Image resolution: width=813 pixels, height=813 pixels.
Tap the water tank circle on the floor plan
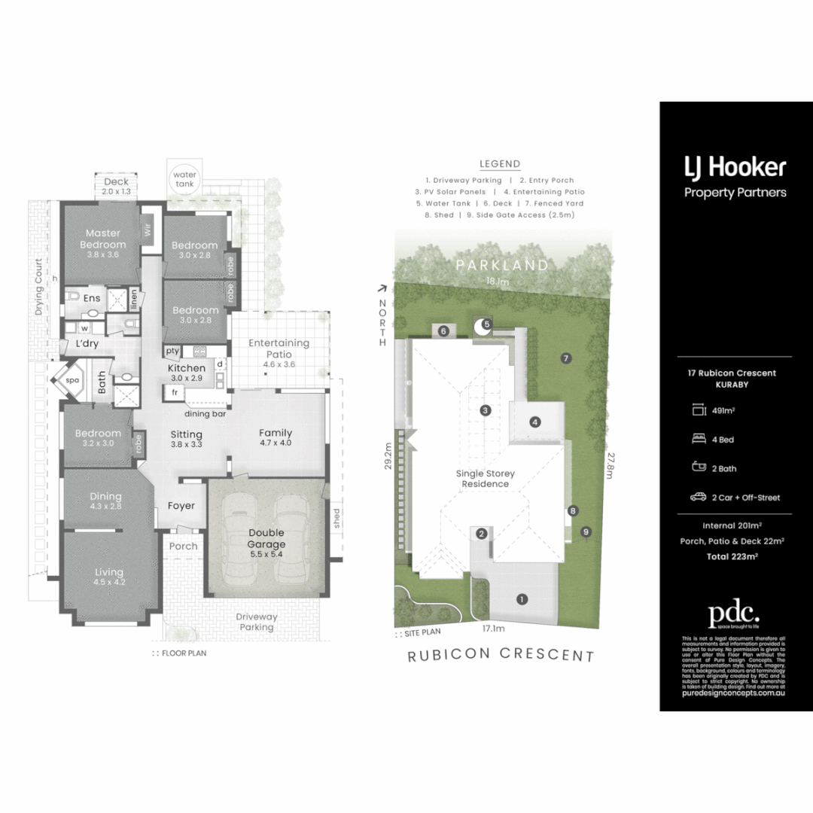185,178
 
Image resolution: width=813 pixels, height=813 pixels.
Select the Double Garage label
266,538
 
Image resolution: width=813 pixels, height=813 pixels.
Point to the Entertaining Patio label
279,348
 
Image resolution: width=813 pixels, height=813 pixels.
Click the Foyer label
181,506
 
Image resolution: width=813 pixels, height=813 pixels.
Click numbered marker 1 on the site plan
520,599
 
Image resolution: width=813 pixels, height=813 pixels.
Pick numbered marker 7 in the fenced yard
565,358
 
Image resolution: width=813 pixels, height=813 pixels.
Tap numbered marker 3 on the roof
486,410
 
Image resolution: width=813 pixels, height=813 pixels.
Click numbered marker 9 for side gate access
586,532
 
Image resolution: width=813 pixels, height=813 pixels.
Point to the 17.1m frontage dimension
493,627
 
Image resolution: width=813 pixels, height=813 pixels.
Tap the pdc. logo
734,614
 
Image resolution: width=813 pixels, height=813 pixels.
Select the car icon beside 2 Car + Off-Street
697,497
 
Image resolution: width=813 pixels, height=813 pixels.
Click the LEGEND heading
500,164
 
